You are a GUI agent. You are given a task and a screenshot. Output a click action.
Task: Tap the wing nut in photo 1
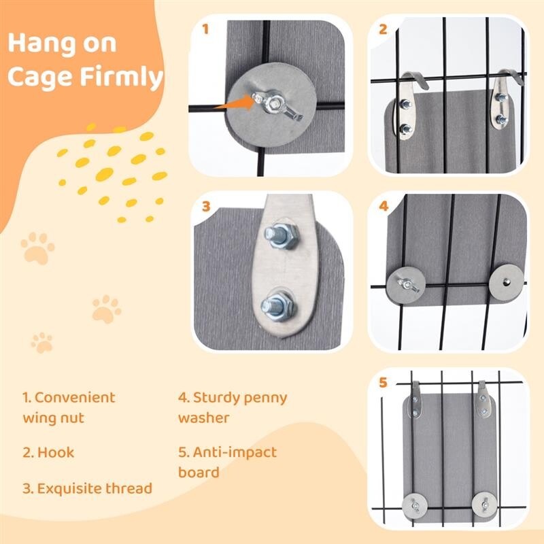(x=277, y=106)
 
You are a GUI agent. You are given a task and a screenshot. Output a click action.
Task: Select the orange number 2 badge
(x=383, y=29)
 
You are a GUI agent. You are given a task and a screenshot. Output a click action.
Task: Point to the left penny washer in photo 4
(x=406, y=285)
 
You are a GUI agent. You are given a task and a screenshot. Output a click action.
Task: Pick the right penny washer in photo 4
(x=506, y=282)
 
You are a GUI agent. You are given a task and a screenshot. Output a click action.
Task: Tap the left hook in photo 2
(x=409, y=104)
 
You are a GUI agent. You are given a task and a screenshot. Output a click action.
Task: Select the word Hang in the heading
(x=41, y=43)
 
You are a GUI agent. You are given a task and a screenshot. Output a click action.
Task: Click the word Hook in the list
(x=56, y=452)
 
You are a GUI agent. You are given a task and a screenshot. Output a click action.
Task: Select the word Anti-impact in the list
(x=235, y=452)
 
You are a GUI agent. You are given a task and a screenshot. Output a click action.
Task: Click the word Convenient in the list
(x=75, y=398)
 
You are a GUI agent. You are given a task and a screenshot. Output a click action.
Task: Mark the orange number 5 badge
(x=383, y=382)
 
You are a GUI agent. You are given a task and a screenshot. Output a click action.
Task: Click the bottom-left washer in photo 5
(x=415, y=506)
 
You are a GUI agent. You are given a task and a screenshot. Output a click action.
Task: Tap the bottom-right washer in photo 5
(x=484, y=504)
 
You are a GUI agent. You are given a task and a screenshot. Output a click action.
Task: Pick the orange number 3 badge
(x=206, y=206)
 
